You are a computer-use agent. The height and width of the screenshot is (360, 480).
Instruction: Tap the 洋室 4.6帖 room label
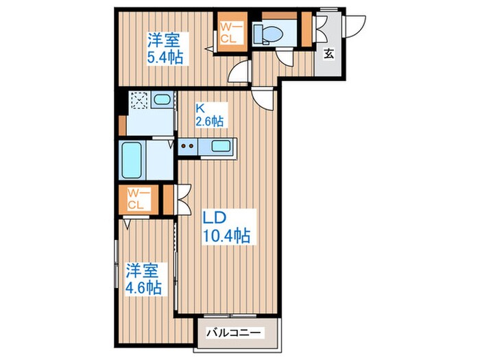click(143, 278)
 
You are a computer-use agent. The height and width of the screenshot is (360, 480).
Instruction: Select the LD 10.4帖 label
click(226, 226)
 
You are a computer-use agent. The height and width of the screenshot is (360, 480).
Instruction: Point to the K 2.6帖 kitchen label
click(209, 114)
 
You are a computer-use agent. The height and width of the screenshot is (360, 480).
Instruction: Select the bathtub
click(132, 160)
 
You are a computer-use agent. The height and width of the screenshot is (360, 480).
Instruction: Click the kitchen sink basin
click(221, 146)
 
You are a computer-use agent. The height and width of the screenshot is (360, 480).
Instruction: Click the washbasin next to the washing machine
click(162, 101)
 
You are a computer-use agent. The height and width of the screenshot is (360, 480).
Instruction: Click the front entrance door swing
click(356, 26)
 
